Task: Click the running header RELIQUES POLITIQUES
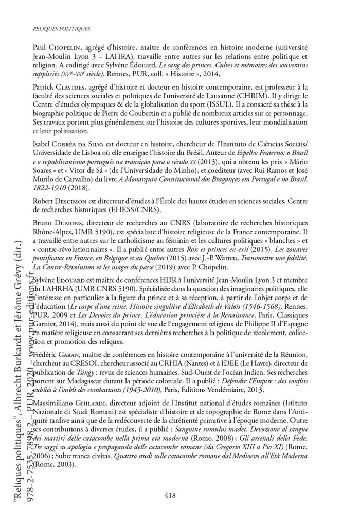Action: pos(61,29)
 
